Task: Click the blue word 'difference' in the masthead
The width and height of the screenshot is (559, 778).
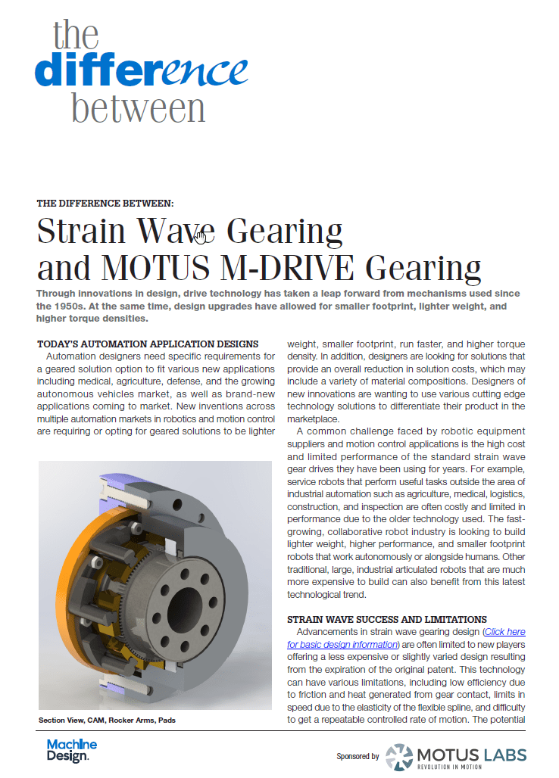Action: pos(141,70)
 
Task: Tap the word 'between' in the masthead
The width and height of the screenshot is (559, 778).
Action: pos(139,107)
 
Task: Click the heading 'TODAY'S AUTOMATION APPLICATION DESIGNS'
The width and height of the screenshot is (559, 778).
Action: pos(147,344)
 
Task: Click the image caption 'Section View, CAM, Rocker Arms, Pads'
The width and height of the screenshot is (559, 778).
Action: pos(107,720)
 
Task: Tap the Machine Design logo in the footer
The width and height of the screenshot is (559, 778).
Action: pos(72,751)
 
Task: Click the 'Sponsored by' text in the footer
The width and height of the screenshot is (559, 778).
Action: pos(358,756)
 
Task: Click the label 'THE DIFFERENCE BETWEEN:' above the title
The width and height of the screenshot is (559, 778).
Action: pos(105,203)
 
